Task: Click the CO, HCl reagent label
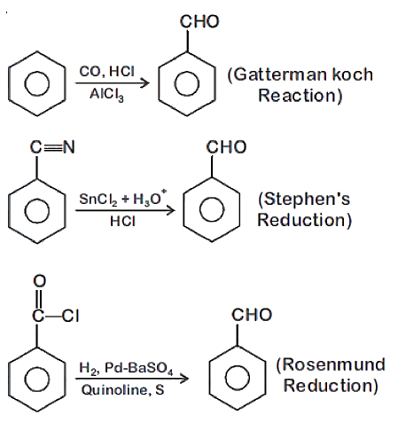click(x=107, y=72)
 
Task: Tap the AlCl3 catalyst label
click(x=106, y=95)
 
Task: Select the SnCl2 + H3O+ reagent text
click(x=123, y=199)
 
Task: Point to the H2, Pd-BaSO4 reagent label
click(x=126, y=368)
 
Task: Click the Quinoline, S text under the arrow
click(x=122, y=390)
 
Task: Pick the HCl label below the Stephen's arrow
click(x=122, y=222)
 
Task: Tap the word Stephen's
click(x=307, y=199)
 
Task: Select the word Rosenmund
click(x=334, y=364)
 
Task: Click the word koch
click(x=353, y=74)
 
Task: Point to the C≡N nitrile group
click(x=52, y=147)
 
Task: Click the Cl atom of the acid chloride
click(x=71, y=316)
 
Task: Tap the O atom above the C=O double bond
click(x=40, y=281)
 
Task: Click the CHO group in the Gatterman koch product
click(x=199, y=22)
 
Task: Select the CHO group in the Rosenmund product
click(x=252, y=315)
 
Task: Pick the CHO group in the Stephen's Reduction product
click(x=226, y=147)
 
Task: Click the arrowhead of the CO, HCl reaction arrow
click(x=145, y=83)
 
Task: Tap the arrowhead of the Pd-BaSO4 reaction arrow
click(x=184, y=379)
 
